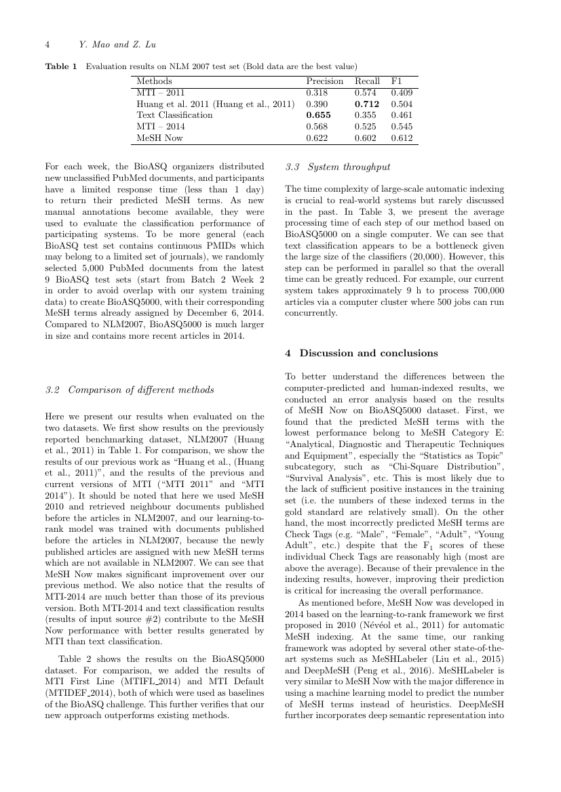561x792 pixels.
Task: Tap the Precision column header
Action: point(324,81)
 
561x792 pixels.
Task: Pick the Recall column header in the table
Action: point(368,81)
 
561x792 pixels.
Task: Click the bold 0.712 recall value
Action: point(368,104)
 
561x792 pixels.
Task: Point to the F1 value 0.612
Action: point(402,138)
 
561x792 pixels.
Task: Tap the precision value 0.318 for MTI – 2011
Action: point(316,92)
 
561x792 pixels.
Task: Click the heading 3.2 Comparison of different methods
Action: point(129,390)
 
